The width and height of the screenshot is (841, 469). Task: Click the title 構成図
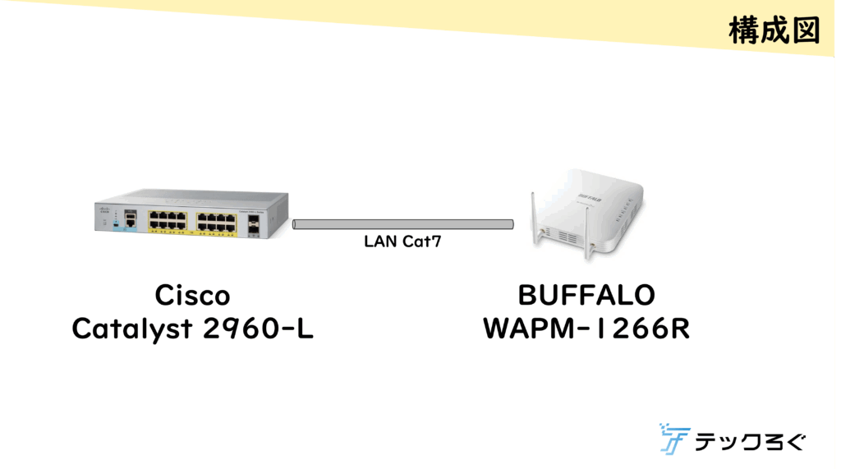pyautogui.click(x=773, y=30)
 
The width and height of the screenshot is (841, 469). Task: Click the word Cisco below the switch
pyautogui.click(x=192, y=296)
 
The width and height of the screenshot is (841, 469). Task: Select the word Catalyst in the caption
pyautogui.click(x=129, y=329)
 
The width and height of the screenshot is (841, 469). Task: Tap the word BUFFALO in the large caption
pyautogui.click(x=586, y=296)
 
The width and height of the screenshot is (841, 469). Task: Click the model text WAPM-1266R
pyautogui.click(x=586, y=329)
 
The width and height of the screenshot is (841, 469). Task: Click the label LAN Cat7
pyautogui.click(x=398, y=242)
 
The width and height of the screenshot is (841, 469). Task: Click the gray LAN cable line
pyautogui.click(x=402, y=224)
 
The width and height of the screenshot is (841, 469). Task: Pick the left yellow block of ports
pyautogui.click(x=167, y=221)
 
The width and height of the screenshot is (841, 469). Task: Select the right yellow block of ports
pyautogui.click(x=216, y=221)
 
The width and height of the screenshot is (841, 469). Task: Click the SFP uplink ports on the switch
pyautogui.click(x=253, y=222)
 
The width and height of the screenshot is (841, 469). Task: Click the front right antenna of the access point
pyautogui.click(x=588, y=234)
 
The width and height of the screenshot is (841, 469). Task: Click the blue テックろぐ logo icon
pyautogui.click(x=673, y=439)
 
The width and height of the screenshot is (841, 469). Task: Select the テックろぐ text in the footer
pyautogui.click(x=750, y=442)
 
